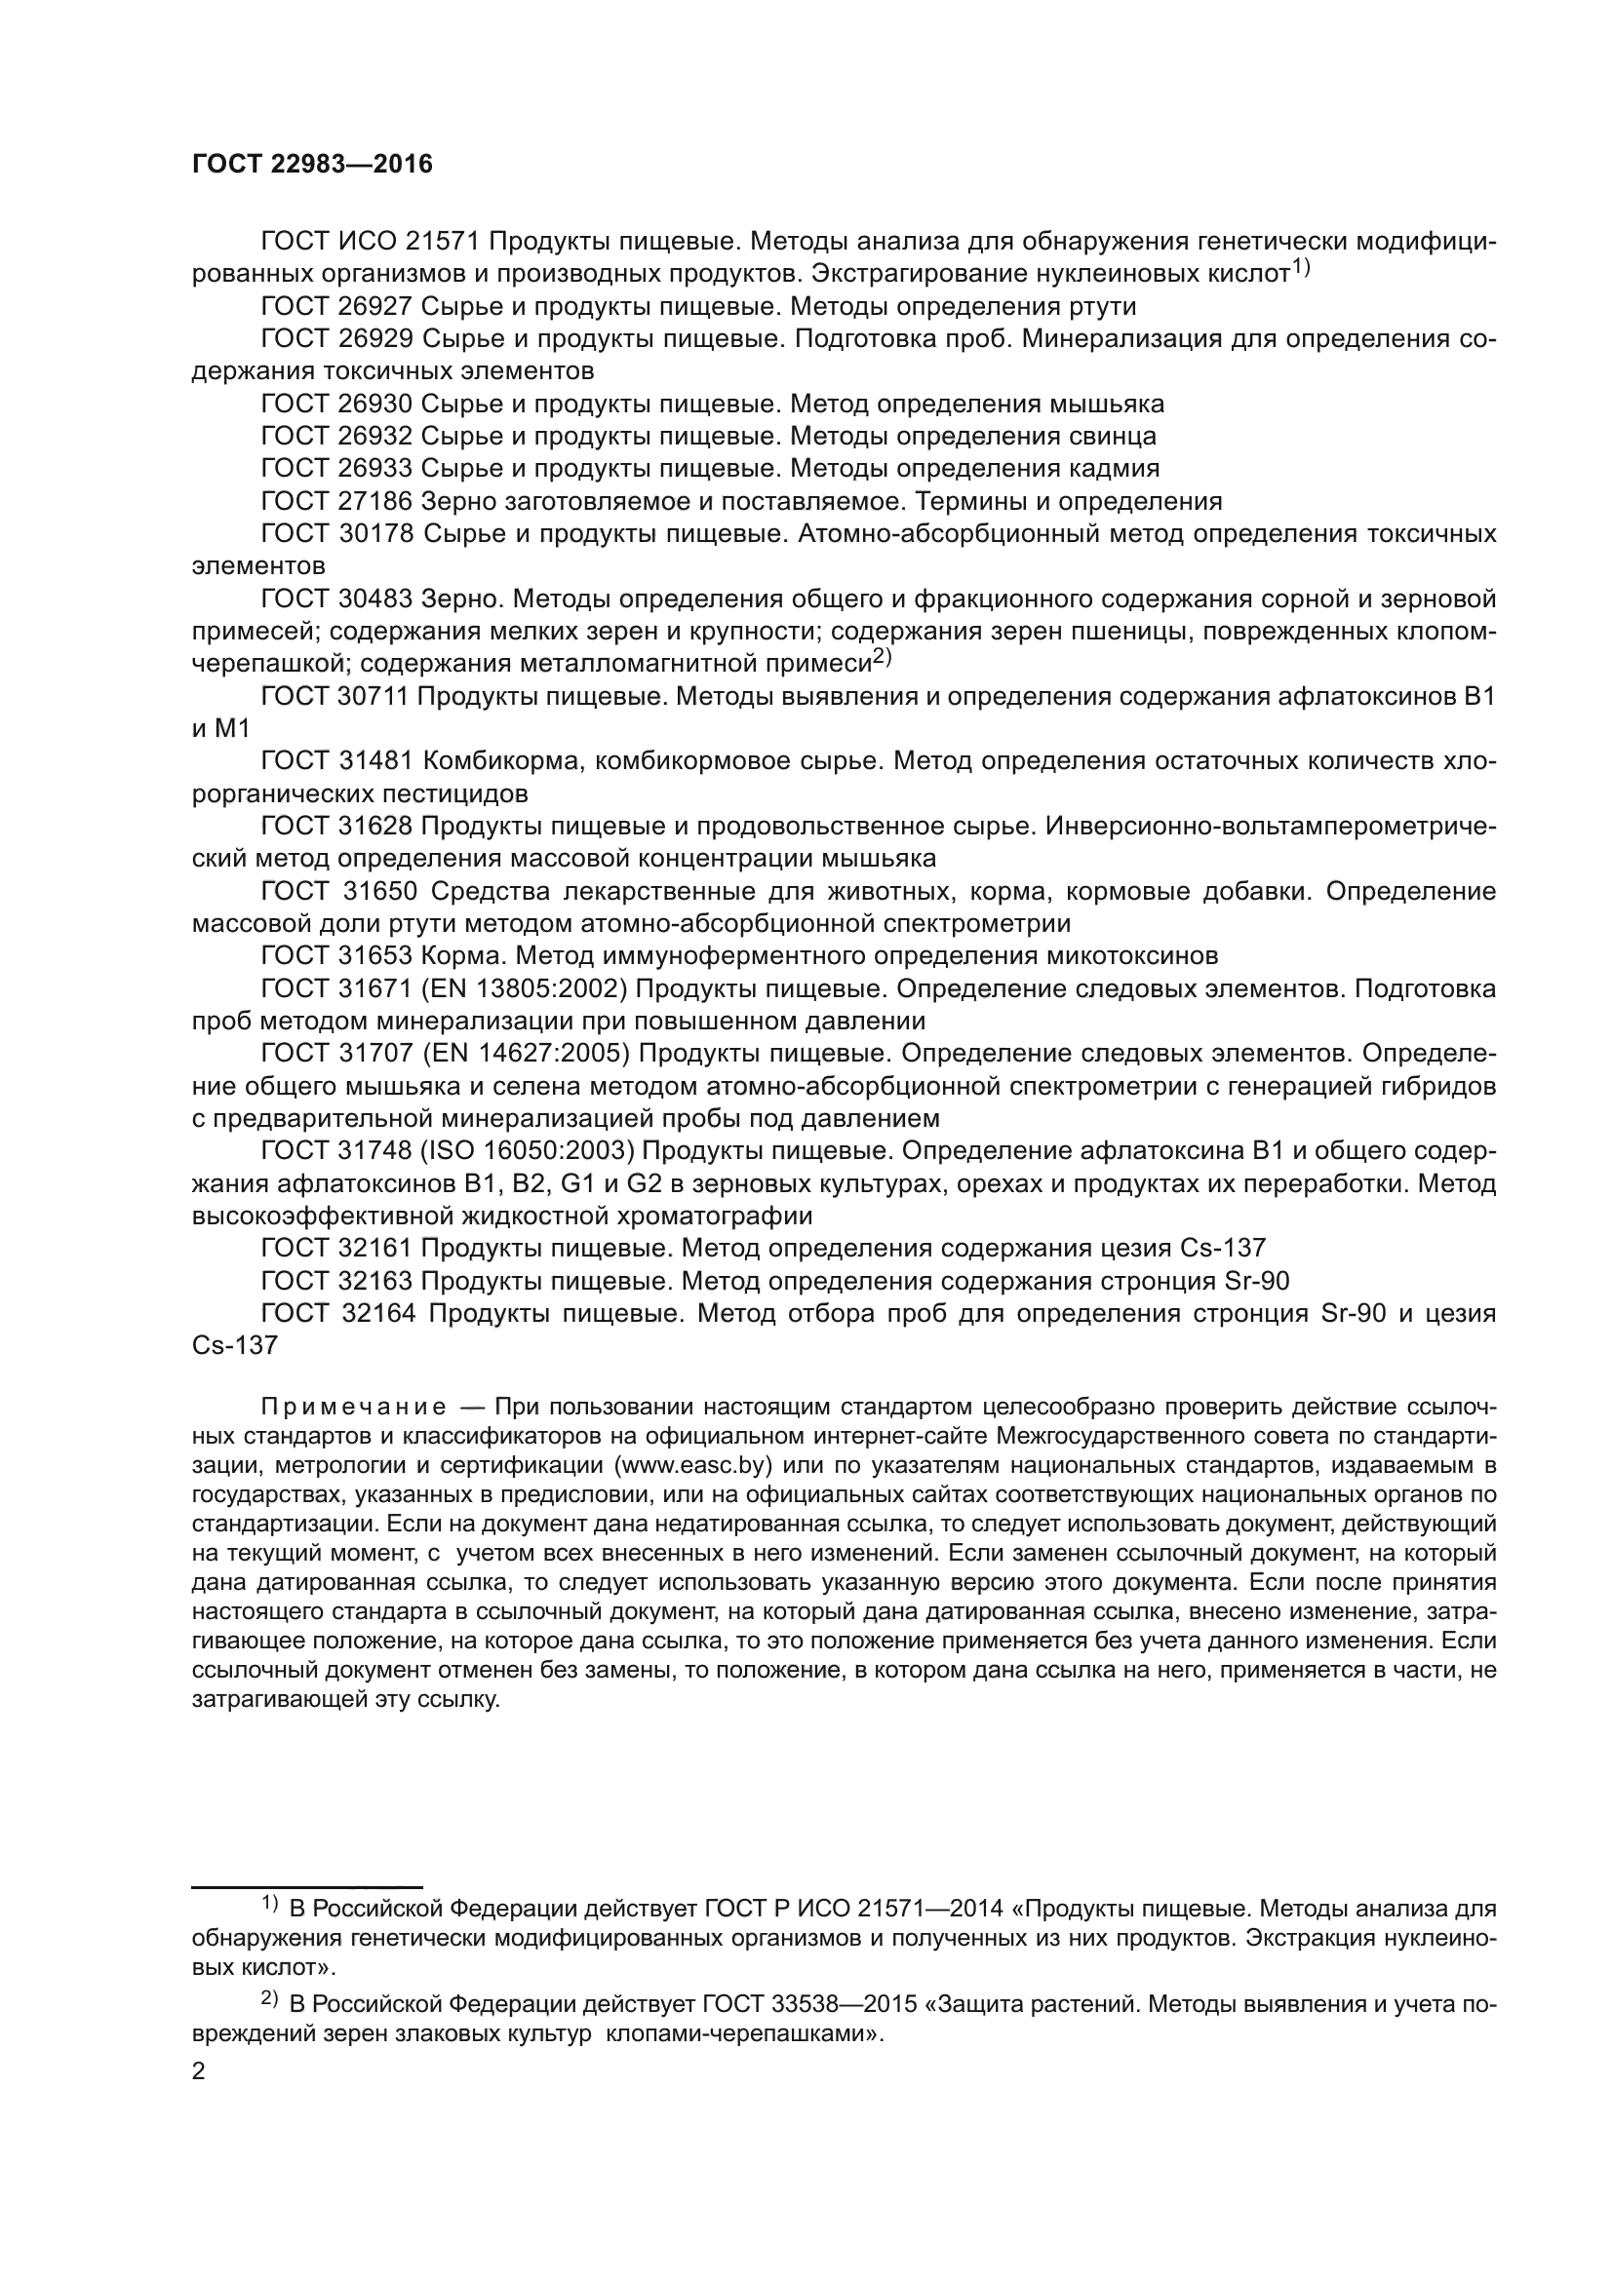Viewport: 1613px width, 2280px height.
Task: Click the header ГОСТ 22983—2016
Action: click(313, 165)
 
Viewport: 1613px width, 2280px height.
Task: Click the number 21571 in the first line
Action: click(443, 242)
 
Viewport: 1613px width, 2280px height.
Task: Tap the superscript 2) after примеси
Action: click(883, 657)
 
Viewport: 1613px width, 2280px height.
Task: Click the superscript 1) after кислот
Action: click(1301, 266)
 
